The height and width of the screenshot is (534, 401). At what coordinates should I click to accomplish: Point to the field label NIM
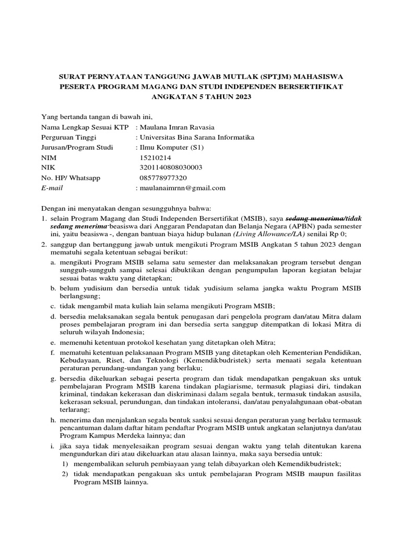click(49, 157)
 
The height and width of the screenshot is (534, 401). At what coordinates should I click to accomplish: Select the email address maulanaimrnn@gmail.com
click(182, 188)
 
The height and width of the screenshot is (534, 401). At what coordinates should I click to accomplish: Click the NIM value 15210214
click(156, 157)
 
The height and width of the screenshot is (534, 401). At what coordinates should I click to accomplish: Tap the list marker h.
click(53, 420)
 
